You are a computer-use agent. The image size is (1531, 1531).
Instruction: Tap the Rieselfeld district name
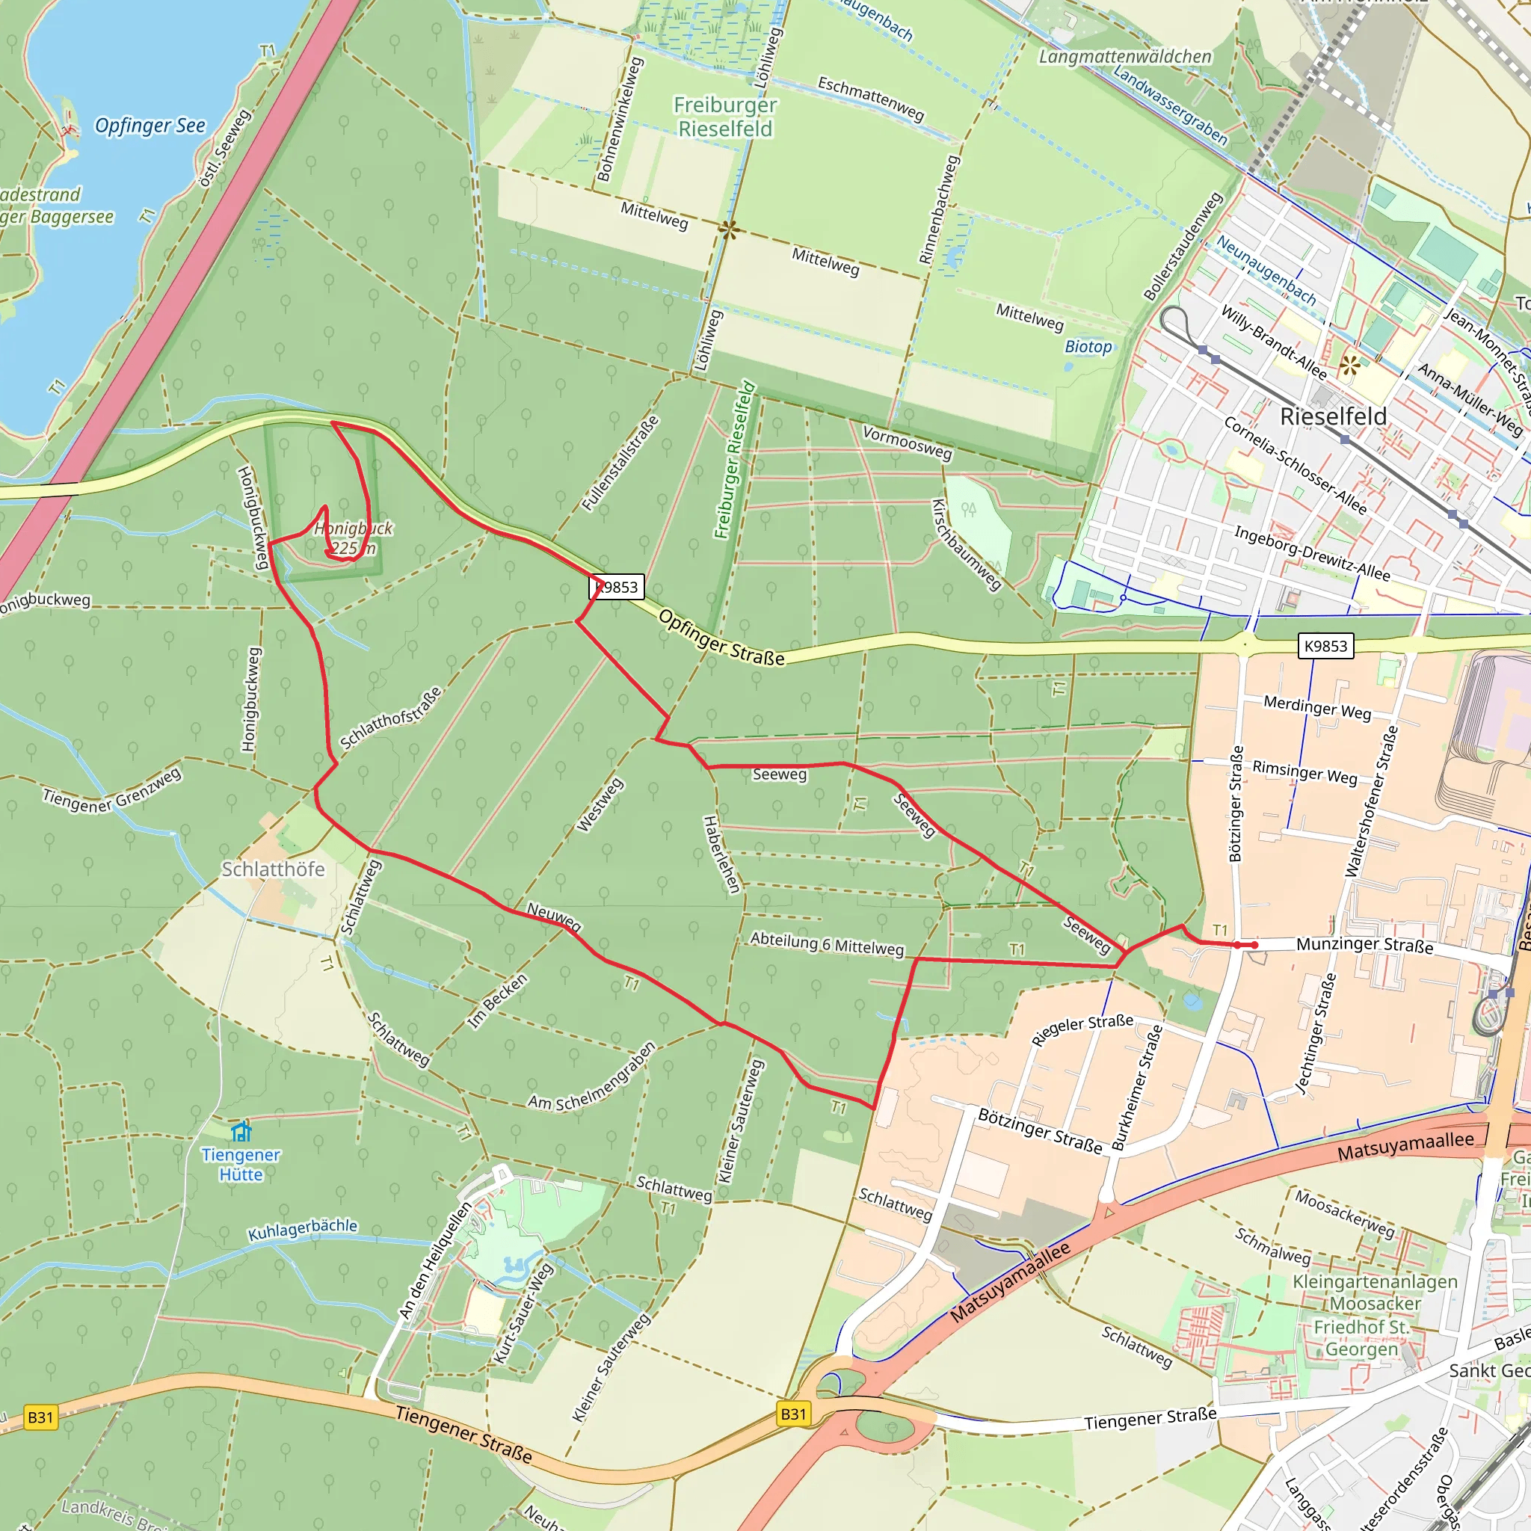[1333, 417]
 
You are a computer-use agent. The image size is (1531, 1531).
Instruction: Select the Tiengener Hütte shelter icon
[241, 1132]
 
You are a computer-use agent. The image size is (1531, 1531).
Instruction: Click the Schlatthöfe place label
[273, 869]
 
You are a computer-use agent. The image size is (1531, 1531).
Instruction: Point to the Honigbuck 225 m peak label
[354, 538]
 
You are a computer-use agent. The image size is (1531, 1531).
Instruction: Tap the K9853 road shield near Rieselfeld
[1325, 646]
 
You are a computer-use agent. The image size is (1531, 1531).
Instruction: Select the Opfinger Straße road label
[721, 638]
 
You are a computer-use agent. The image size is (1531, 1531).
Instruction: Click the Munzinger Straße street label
[1364, 945]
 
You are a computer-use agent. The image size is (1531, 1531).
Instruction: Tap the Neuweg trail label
[554, 917]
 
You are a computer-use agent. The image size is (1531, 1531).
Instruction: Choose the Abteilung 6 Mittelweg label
[827, 944]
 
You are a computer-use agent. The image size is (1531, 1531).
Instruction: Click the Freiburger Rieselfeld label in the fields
[725, 117]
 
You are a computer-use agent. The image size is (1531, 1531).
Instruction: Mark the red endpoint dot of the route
[1254, 946]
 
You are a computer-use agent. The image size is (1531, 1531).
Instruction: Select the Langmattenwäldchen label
[1124, 56]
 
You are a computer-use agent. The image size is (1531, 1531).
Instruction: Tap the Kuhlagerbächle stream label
[303, 1229]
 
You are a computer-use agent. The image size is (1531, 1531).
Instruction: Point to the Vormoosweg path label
[907, 443]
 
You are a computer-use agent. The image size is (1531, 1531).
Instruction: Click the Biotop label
[1088, 346]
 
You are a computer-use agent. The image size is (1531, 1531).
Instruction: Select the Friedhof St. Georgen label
[1361, 1337]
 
